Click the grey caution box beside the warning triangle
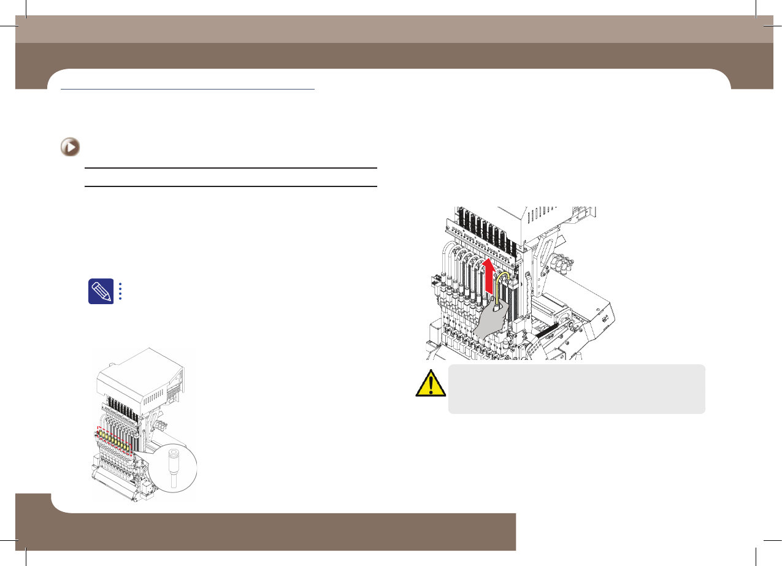[577, 389]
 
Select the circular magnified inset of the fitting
[177, 468]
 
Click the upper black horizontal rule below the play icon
[230, 167]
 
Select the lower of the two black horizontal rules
[230, 186]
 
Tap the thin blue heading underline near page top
[188, 90]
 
